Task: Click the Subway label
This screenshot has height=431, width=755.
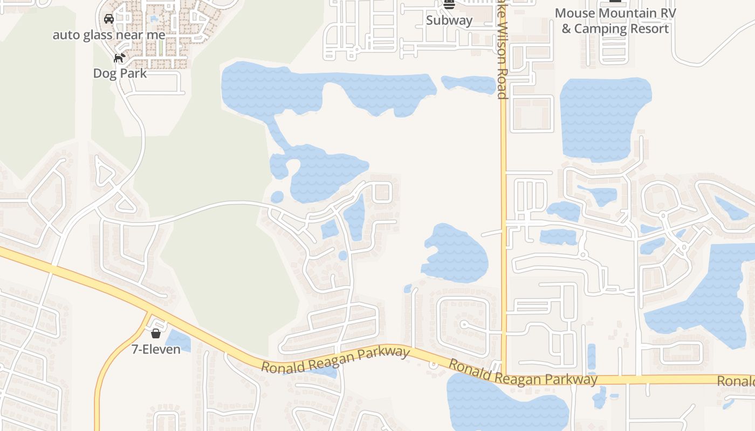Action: [x=449, y=20]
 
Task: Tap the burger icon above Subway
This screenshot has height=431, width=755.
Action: [x=449, y=5]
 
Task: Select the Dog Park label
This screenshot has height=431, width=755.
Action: [x=120, y=73]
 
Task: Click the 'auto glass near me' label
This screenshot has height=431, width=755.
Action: [x=109, y=35]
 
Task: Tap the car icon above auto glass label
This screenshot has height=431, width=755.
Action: [x=109, y=19]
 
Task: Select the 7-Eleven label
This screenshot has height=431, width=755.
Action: [x=156, y=349]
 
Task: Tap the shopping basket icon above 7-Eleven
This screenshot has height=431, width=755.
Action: [x=156, y=333]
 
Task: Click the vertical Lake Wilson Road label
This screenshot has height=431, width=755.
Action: [x=502, y=54]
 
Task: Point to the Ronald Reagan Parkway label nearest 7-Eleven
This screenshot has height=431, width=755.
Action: [x=335, y=359]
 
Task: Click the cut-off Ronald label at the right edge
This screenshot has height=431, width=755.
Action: [x=736, y=381]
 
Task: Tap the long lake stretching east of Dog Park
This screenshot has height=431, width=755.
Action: [x=324, y=89]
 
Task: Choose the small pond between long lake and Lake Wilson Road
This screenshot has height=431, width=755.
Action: [x=468, y=84]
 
